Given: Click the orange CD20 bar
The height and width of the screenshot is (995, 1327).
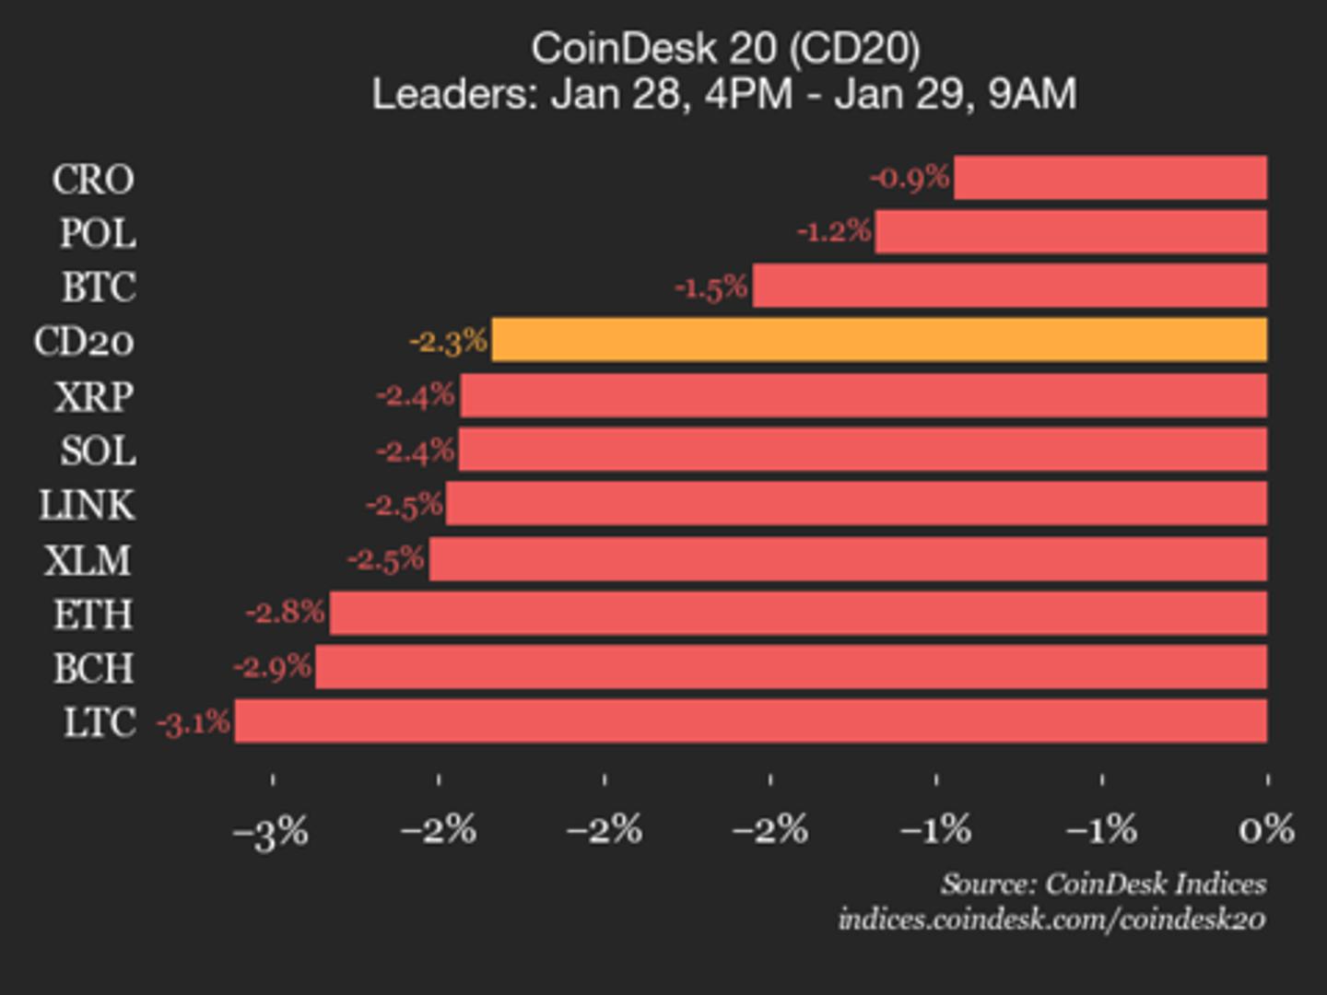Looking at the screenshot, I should pyautogui.click(x=879, y=340).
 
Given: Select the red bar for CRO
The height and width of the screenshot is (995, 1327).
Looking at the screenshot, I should pyautogui.click(x=1110, y=178).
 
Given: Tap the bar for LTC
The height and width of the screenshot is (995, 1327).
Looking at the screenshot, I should pyautogui.click(x=751, y=720).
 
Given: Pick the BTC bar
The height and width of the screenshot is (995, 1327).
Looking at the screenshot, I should pyautogui.click(x=1010, y=286).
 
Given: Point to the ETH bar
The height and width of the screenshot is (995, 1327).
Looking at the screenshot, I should pyautogui.click(x=798, y=613).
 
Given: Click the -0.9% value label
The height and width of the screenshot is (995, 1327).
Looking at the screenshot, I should pyautogui.click(x=910, y=177).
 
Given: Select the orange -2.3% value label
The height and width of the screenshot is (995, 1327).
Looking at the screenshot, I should pyautogui.click(x=448, y=342).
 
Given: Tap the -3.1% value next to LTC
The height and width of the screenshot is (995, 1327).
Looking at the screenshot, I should pyautogui.click(x=194, y=723).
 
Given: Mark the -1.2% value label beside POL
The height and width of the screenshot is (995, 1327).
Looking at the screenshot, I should pyautogui.click(x=834, y=231).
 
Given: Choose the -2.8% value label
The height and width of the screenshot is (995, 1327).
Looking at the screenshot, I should pyautogui.click(x=286, y=612).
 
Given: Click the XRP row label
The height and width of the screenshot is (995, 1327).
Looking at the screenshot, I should pyautogui.click(x=94, y=397).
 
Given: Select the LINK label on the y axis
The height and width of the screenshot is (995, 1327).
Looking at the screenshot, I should pyautogui.click(x=87, y=505).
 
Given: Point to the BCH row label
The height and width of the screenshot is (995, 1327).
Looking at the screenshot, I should pyautogui.click(x=93, y=668).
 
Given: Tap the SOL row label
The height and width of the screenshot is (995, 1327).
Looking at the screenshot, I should pyautogui.click(x=98, y=451).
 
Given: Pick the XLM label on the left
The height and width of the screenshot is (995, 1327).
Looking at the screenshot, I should pyautogui.click(x=88, y=560).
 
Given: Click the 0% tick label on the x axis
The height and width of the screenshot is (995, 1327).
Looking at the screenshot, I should pyautogui.click(x=1266, y=830).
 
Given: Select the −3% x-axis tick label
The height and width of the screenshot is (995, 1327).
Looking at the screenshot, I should pyautogui.click(x=271, y=833).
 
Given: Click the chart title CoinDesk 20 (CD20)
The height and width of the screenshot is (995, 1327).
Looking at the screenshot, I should pyautogui.click(x=725, y=48).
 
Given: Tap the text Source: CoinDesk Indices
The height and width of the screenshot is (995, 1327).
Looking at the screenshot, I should pyautogui.click(x=1103, y=884).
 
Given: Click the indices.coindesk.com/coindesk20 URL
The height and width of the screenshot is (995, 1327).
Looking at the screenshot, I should pyautogui.click(x=1051, y=919).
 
